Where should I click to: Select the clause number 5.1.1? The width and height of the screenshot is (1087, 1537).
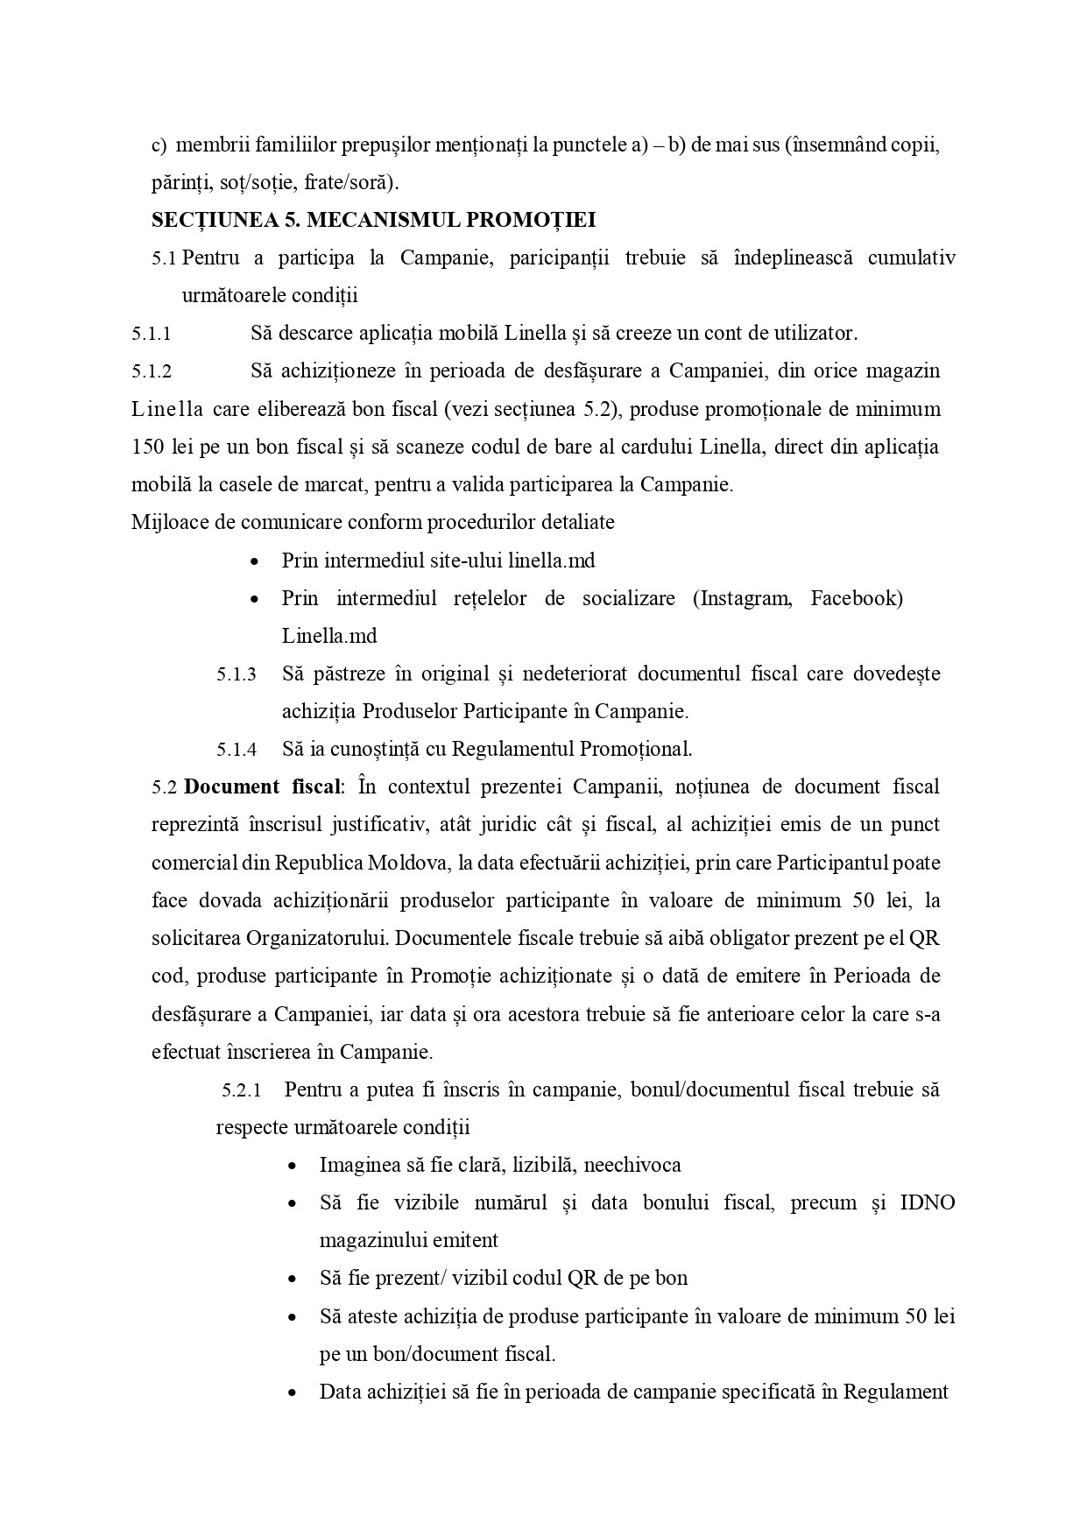(x=152, y=334)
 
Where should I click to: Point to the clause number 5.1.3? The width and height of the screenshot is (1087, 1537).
(x=236, y=674)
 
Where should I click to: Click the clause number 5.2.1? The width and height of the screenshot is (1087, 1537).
(x=242, y=1091)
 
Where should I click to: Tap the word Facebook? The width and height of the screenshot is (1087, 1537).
(x=856, y=598)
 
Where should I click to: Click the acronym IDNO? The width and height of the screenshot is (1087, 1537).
(x=927, y=1202)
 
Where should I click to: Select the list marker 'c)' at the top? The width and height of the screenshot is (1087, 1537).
(x=159, y=145)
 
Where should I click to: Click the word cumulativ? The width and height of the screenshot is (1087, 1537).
(x=911, y=257)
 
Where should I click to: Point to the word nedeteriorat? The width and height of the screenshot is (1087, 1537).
(x=571, y=674)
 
